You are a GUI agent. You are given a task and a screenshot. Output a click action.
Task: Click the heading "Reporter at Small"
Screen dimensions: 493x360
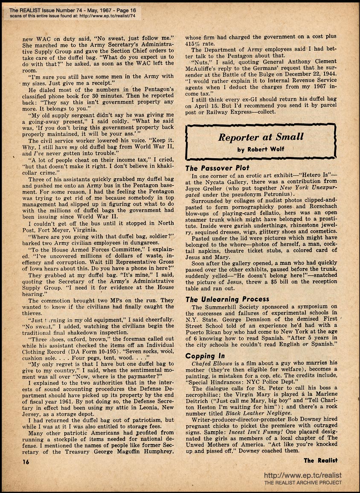click(x=261, y=137)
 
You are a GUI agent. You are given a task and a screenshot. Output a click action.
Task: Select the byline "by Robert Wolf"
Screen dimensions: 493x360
click(x=261, y=150)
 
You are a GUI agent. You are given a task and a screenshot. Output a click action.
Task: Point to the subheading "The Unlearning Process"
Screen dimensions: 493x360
click(x=227, y=299)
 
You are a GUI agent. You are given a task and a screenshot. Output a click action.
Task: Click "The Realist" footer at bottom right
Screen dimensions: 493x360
click(x=321, y=460)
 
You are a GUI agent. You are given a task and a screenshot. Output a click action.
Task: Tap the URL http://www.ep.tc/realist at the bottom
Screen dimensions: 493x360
click(x=303, y=475)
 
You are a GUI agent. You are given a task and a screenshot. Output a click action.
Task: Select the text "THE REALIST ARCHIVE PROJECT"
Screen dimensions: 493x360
click(x=303, y=482)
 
